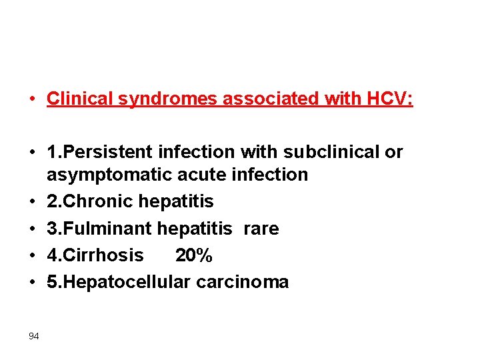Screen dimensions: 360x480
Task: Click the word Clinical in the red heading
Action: tap(80, 99)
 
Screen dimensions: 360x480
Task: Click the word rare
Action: tap(261, 229)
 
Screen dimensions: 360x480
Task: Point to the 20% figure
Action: tap(193, 255)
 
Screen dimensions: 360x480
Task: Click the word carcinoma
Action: tap(243, 283)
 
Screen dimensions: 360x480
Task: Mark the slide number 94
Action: tap(34, 336)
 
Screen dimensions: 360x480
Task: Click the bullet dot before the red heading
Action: tap(31, 100)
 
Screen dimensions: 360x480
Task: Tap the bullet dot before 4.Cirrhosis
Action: tap(31, 255)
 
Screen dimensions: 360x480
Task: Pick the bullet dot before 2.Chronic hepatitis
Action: tap(31, 202)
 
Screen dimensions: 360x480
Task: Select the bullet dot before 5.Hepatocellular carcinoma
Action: tap(31, 282)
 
